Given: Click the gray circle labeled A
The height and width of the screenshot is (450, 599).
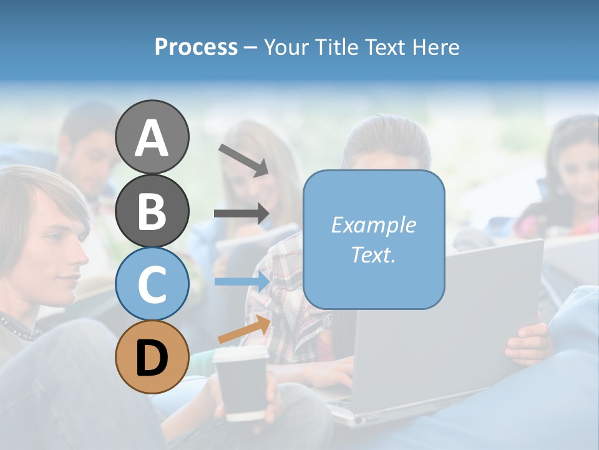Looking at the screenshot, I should coord(152,137).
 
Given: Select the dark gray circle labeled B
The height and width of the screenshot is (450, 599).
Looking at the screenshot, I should coord(152,211).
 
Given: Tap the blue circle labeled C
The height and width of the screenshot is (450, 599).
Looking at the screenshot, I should coord(152,284).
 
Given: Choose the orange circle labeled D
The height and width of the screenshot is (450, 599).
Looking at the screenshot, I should coord(152,357).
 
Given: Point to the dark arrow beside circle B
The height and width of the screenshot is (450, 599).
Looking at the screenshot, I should coord(241,214).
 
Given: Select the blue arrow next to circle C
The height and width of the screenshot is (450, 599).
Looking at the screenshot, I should coord(241,282).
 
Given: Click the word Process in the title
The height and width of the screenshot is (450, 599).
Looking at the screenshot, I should coord(196,47).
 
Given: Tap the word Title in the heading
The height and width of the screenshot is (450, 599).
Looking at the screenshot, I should coord(338,47).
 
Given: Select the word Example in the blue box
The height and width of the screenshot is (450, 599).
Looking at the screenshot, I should coord(373,225).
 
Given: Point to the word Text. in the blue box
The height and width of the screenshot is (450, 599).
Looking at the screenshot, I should coord(373,254).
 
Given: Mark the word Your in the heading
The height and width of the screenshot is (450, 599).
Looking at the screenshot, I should coord(287,47).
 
